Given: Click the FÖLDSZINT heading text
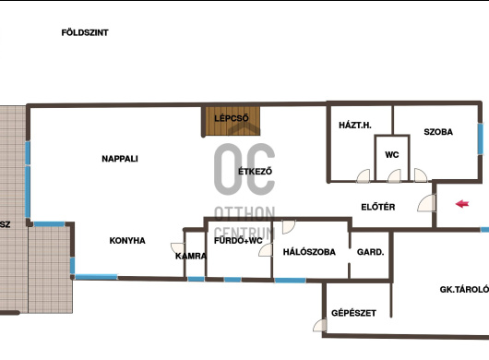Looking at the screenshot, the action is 85,32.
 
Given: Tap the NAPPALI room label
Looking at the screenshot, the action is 120,159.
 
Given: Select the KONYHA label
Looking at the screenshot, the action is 127,241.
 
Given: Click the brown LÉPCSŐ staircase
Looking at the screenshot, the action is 231,121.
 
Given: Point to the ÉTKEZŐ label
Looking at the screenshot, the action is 255,172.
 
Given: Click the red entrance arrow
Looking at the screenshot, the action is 462,204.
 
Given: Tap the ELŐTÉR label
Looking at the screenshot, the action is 378,207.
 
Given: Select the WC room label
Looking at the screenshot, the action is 392,155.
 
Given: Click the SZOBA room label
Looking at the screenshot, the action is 438,132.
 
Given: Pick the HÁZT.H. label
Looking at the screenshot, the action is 355,126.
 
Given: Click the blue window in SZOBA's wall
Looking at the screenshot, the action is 481,139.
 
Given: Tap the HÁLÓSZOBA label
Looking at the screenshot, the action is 309,252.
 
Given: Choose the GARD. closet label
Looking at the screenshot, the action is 371,252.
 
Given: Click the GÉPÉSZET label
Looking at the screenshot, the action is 353,313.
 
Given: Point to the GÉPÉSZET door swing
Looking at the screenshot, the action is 320,325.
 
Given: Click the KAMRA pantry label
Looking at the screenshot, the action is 191,256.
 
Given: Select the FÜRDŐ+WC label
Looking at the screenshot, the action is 238,241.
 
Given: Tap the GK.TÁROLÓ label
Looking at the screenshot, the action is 464,290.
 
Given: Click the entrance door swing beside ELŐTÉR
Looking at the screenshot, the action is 426,203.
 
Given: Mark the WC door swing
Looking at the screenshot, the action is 394,175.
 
